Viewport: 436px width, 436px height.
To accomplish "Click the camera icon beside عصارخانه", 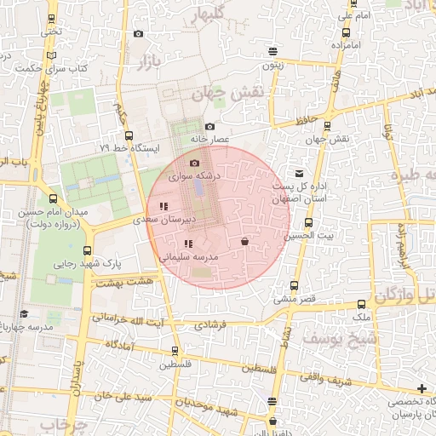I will coord(209,127).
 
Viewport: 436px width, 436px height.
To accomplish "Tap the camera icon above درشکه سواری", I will coord(193,163).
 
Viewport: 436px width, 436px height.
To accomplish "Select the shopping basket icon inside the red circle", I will coord(245,241).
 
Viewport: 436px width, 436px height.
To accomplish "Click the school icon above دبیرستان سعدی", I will coord(163,206).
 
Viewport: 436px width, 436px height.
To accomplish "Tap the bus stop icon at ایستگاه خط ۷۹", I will coord(129,135).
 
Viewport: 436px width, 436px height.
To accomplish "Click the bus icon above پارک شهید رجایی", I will coord(87,250).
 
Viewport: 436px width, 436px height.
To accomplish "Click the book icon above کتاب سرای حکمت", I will coord(54,54).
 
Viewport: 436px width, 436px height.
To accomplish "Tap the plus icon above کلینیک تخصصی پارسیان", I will coord(422,388).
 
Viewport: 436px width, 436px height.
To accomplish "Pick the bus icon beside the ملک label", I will coord(362,304).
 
